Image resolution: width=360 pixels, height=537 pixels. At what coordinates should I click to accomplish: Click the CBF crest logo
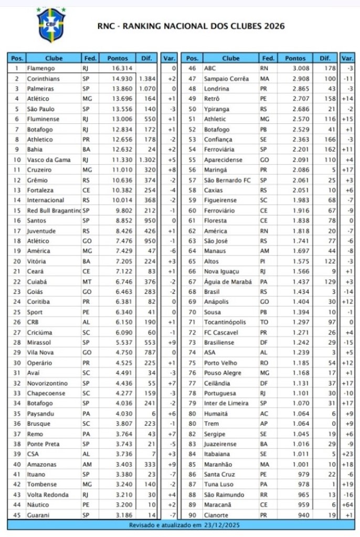click(x=51, y=25)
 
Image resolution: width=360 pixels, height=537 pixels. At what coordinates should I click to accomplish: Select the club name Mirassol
click(x=40, y=342)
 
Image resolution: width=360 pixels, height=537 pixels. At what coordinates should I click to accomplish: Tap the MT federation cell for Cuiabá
click(x=86, y=282)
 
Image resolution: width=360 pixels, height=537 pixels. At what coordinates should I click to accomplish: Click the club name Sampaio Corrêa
click(x=226, y=78)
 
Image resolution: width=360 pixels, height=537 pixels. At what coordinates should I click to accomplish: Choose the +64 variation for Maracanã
click(x=347, y=505)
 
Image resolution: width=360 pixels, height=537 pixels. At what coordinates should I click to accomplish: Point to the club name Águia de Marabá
click(x=228, y=282)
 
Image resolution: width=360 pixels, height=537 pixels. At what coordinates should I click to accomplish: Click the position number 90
click(x=192, y=515)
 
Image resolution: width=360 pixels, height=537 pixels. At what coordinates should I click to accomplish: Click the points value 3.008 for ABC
click(x=300, y=68)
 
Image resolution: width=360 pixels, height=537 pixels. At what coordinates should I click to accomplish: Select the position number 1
click(x=17, y=68)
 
